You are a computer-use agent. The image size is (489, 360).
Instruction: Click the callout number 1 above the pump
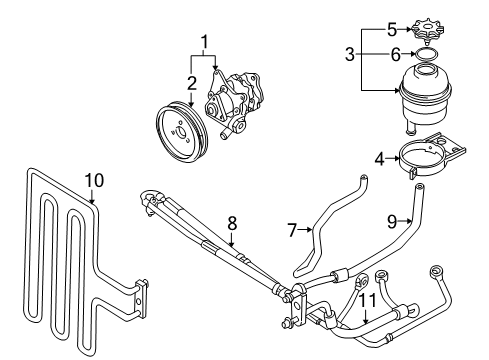(x=205, y=42)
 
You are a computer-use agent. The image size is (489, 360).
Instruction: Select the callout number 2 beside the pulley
(x=192, y=83)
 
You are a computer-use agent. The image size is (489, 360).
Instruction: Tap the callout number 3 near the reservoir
(x=350, y=54)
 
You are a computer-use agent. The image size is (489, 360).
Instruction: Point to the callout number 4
(x=379, y=159)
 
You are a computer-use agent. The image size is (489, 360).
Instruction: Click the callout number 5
(x=392, y=30)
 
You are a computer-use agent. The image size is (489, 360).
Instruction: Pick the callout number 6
(x=395, y=54)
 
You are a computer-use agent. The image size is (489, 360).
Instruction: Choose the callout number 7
(x=292, y=230)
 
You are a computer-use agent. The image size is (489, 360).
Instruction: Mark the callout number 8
(x=232, y=223)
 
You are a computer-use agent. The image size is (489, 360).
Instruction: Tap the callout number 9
(x=392, y=221)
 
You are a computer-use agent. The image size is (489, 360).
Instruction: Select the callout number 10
(x=94, y=180)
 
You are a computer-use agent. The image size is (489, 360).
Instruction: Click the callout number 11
(x=367, y=300)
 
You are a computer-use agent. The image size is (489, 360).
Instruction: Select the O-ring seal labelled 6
(x=425, y=54)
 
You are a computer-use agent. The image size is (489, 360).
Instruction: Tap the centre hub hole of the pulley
(x=180, y=133)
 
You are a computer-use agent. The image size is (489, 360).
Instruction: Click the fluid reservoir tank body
(x=425, y=97)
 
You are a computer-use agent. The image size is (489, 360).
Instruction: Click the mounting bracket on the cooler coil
(x=141, y=299)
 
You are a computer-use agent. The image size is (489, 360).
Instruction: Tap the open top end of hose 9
(x=420, y=186)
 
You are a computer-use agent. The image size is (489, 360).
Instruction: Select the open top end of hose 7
(x=364, y=178)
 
